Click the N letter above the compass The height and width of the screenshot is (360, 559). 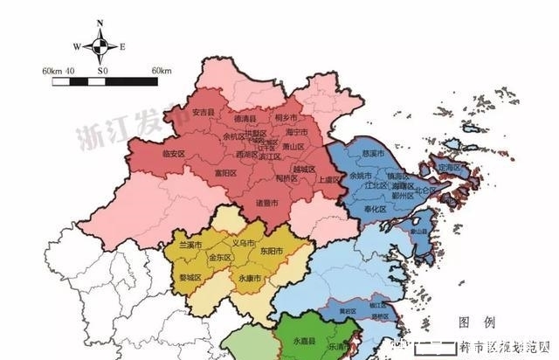100,22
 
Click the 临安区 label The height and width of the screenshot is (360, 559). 175,154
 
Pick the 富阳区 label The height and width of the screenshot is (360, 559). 226,173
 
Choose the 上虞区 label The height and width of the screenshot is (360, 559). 328,178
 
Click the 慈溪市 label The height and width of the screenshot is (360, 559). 373,152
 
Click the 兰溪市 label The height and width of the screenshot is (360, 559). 190,245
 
